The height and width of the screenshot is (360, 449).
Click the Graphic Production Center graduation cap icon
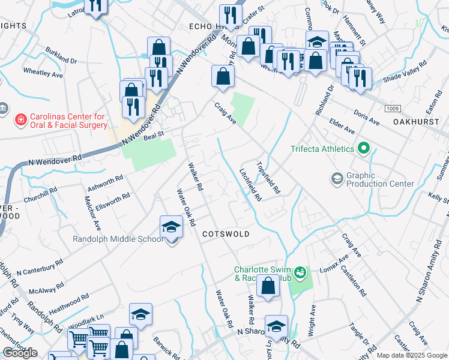pyautogui.click(x=337, y=178)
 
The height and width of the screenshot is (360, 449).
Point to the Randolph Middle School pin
pyautogui.click(x=171, y=229)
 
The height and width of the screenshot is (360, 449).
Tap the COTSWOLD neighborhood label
pyautogui.click(x=226, y=233)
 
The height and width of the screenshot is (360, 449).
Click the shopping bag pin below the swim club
pyautogui.click(x=268, y=287)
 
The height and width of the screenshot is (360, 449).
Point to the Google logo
pyautogui.click(x=20, y=353)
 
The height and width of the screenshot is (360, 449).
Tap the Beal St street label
pyautogui.click(x=154, y=137)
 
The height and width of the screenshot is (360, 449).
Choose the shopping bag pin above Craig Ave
pyautogui.click(x=223, y=77)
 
